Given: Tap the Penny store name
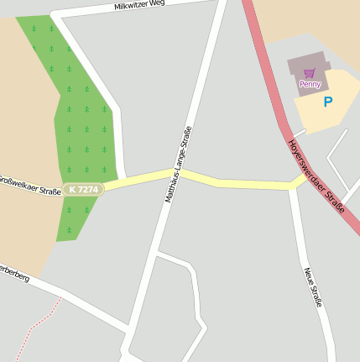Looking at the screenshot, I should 310,84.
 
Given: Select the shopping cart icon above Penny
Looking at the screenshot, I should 310,73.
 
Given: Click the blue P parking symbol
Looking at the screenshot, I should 328,102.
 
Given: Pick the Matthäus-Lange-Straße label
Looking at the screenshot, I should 179,165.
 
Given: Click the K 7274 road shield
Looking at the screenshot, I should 84,190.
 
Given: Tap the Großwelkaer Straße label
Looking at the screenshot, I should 29,185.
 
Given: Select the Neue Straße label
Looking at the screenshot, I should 313,286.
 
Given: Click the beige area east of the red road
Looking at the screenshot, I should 319,25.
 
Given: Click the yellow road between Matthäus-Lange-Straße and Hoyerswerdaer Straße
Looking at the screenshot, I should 243,182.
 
